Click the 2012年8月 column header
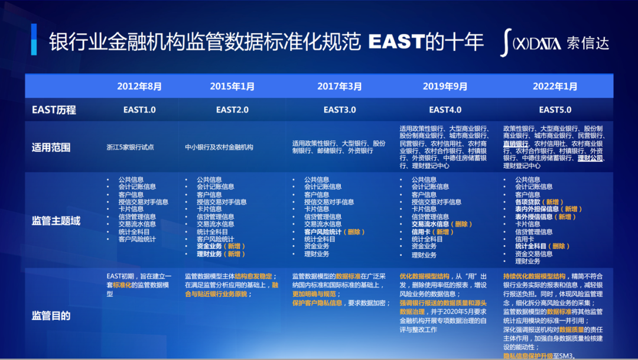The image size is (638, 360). coord(139,86)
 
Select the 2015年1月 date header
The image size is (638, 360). coord(232,86)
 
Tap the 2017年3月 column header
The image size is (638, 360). coord(339,86)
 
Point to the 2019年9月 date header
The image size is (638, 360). coord(445,86)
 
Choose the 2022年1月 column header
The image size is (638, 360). coord(555,86)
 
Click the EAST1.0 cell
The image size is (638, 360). coord(139,109)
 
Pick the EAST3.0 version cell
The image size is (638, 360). coord(340,109)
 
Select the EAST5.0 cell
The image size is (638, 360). coord(555,109)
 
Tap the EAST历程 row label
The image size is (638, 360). coord(54,110)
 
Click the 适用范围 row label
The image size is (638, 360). coord(51,147)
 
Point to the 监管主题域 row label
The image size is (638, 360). coord(56,221)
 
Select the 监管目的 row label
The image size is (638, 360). coord(51,316)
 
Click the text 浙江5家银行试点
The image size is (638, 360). coord(131,147)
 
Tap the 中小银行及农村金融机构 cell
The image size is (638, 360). coord(219,147)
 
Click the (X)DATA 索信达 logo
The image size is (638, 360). coord(554,43)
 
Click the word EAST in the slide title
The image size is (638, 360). coord(395,42)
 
